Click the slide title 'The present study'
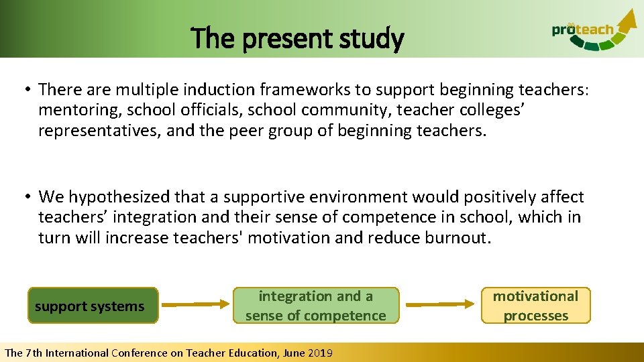pos(297,39)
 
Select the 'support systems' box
pos(93,306)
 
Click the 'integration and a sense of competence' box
pos(315,306)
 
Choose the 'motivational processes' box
pos(535,306)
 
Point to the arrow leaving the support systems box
pos(195,304)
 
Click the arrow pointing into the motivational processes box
pos(439,304)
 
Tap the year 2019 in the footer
pos(319,353)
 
